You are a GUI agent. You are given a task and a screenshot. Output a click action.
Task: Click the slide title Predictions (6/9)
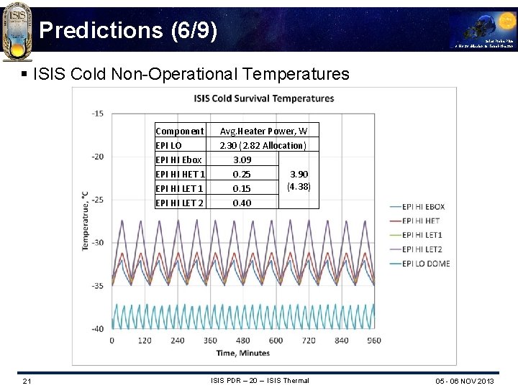(127, 29)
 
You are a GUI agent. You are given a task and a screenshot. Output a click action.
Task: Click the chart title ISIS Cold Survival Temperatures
(264, 98)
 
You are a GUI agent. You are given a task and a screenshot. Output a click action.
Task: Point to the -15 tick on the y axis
(97, 114)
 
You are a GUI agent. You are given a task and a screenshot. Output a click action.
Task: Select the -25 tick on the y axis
(97, 200)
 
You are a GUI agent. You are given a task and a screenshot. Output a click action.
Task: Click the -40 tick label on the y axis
(97, 329)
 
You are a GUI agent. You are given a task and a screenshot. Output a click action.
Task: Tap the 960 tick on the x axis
(374, 341)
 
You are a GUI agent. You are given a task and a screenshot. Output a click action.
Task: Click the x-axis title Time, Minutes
(242, 353)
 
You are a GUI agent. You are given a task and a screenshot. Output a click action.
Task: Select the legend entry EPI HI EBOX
(424, 207)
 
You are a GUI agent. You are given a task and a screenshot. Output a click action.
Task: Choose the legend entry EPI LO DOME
(426, 264)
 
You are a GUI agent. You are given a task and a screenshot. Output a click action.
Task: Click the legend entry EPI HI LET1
(422, 235)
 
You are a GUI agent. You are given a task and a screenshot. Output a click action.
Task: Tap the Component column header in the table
(180, 131)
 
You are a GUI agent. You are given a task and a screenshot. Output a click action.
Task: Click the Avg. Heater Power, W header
(263, 131)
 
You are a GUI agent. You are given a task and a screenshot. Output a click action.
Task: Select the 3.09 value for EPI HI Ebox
(242, 160)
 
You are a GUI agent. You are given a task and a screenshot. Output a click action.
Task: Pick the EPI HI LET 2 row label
(180, 203)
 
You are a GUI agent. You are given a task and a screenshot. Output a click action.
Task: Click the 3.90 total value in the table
(299, 174)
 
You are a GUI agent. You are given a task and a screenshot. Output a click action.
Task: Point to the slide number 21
(26, 380)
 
